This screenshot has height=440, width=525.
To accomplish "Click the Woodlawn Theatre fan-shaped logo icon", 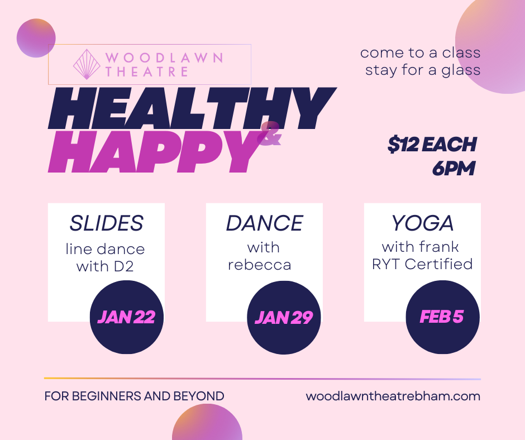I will click(87, 65).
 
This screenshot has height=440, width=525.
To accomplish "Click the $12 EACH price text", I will click(432, 145).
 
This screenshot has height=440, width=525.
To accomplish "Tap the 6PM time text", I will click(453, 168).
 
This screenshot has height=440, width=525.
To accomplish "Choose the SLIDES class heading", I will click(106, 223).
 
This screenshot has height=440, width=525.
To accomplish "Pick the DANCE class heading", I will click(264, 223).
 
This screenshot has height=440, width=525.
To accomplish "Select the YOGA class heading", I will click(422, 223).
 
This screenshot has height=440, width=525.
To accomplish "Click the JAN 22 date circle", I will click(126, 317).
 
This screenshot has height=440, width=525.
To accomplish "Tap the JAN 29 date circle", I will click(284, 318).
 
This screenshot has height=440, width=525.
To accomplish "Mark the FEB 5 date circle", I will click(442, 317).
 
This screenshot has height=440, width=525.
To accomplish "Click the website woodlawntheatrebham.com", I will click(393, 396).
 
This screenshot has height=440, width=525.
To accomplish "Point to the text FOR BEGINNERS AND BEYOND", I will click(134, 396).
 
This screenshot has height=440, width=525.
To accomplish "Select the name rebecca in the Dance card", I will click(259, 265).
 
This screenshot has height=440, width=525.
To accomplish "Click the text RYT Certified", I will click(422, 264).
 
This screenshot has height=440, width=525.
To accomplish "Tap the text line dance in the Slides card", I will click(105, 249).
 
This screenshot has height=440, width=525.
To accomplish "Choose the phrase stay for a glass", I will click(423, 70).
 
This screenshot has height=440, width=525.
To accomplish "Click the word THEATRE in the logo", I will click(146, 72).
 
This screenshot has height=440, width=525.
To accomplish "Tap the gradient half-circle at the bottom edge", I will click(207, 424).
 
